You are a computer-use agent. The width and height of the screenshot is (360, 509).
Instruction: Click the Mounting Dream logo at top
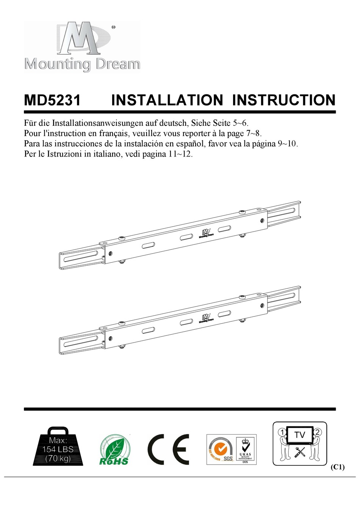pos(82,46)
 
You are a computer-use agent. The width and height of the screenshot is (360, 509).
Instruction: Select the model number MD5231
pos(52,100)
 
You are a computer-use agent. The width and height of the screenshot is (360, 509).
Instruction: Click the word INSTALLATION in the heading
pos(167,100)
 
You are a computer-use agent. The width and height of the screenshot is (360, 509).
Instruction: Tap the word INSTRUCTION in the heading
pos(284,100)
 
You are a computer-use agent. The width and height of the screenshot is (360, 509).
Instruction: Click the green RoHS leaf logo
pos(114,450)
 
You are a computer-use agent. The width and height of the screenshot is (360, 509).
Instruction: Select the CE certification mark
pos(169,449)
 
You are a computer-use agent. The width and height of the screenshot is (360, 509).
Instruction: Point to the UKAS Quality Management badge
pos(245,449)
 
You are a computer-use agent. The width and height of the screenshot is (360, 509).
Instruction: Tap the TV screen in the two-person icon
pos(299,435)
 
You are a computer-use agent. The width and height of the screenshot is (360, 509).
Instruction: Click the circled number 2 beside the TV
pos(318,432)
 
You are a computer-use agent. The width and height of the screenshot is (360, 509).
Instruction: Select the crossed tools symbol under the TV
pos(299,452)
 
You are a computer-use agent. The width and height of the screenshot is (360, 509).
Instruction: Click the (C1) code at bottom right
pos(338,467)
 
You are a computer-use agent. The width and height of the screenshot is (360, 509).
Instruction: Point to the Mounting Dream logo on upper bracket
pos(207,233)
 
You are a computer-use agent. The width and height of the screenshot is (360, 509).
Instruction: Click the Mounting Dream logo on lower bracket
pos(207,318)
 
